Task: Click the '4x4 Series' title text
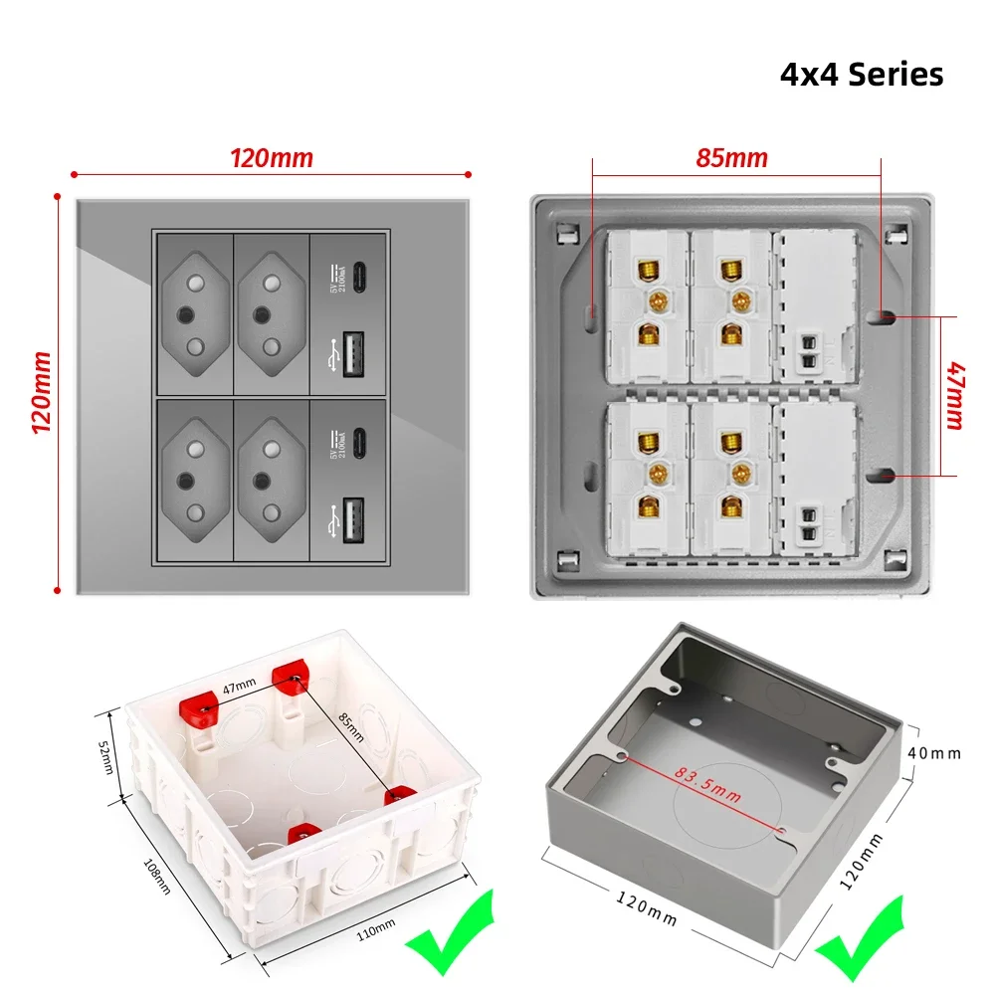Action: tap(861, 75)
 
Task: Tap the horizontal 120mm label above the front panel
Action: tap(272, 158)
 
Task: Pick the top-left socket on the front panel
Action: tap(193, 313)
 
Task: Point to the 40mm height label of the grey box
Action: tap(935, 753)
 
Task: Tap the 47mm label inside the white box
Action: tap(239, 685)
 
